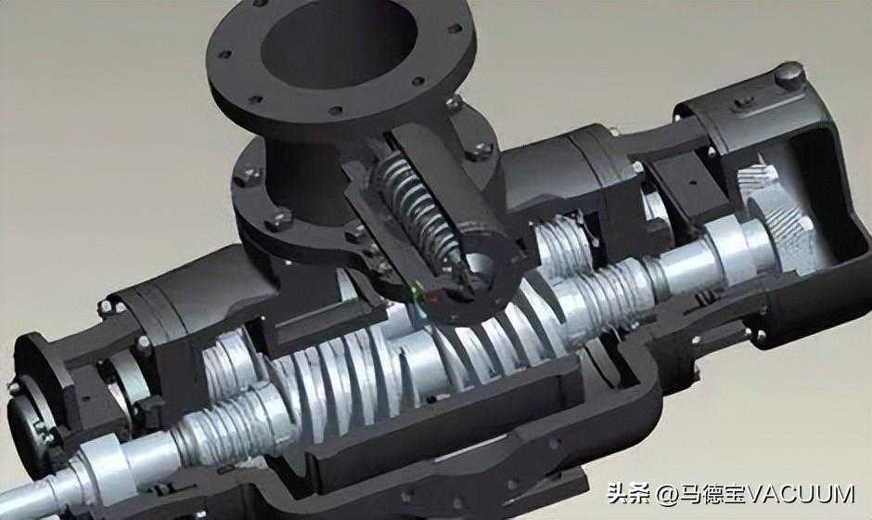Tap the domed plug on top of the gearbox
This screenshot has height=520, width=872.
pos(789,74)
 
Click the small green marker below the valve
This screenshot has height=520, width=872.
pos(415,289)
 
